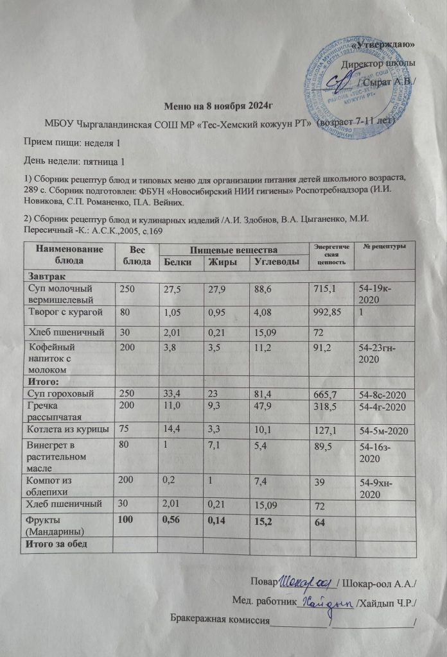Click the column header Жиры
[220, 262]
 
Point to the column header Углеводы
[274, 262]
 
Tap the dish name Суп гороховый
[60, 393]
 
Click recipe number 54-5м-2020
[384, 429]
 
